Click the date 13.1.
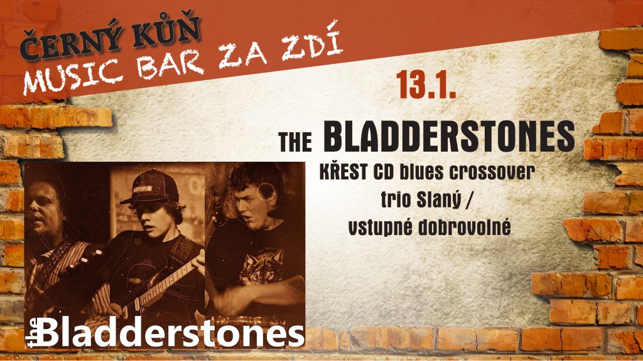pos(426,85)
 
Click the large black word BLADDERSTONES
pos(450,136)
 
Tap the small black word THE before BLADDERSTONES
pos(295,141)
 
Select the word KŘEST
pos(343,172)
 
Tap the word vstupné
pos(380,228)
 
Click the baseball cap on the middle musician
pos(150,186)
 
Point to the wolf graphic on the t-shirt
pos(262,266)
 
